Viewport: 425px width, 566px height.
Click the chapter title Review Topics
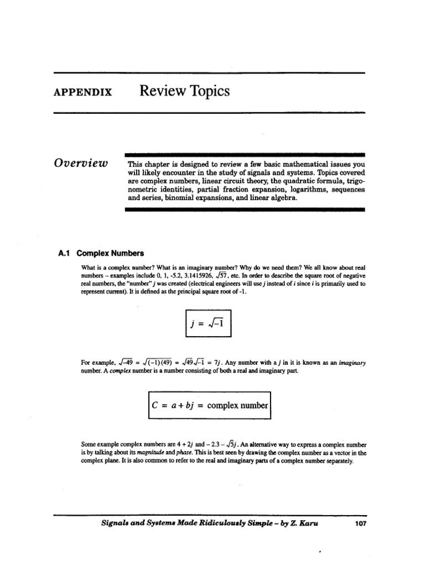pos(184,91)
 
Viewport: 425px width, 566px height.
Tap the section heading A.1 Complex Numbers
pos(101,253)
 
